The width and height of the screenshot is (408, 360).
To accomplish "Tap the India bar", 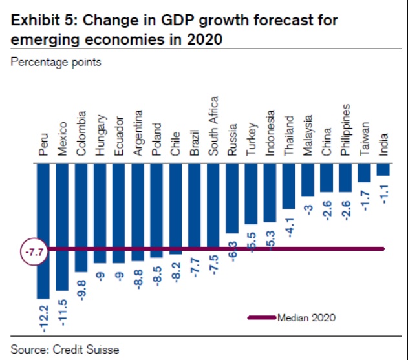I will pos(383,169).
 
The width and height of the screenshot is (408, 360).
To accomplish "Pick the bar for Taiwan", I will pos(364,173).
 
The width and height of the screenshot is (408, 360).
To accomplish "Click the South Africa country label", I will pos(213,127).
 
